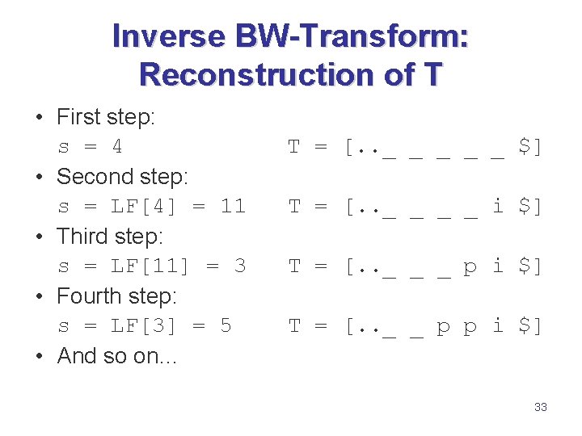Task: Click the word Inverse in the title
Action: pyautogui.click(x=167, y=36)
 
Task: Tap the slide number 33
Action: pyautogui.click(x=541, y=407)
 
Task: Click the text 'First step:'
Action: pyautogui.click(x=106, y=117)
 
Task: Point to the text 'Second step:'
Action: pyautogui.click(x=122, y=177)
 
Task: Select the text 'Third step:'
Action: pyautogui.click(x=110, y=237)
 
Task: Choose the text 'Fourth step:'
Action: pyautogui.click(x=116, y=296)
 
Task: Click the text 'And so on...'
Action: pyautogui.click(x=117, y=356)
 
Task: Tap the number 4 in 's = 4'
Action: pyautogui.click(x=117, y=147)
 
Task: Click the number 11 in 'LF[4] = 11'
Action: pyautogui.click(x=233, y=207)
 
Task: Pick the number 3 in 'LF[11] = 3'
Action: pyautogui.click(x=239, y=266)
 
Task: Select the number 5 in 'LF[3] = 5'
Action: pyautogui.click(x=226, y=326)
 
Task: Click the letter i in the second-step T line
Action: pyautogui.click(x=498, y=206)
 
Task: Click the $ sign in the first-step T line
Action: pyautogui.click(x=525, y=147)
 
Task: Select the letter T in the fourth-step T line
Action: pyautogui.click(x=294, y=325)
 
